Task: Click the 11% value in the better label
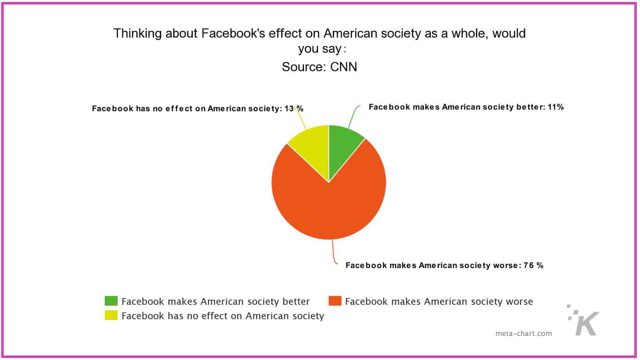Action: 556,107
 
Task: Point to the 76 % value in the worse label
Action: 534,265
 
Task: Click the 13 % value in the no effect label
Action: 294,108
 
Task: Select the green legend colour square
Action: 111,301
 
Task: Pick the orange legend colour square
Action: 335,301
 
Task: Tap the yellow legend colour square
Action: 111,315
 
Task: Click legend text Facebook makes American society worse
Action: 439,301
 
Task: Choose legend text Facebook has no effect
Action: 222,316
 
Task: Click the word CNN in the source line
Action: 344,67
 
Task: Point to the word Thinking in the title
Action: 138,34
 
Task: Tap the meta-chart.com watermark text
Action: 523,333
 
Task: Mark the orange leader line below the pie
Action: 333,252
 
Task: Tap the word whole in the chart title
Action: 470,33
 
